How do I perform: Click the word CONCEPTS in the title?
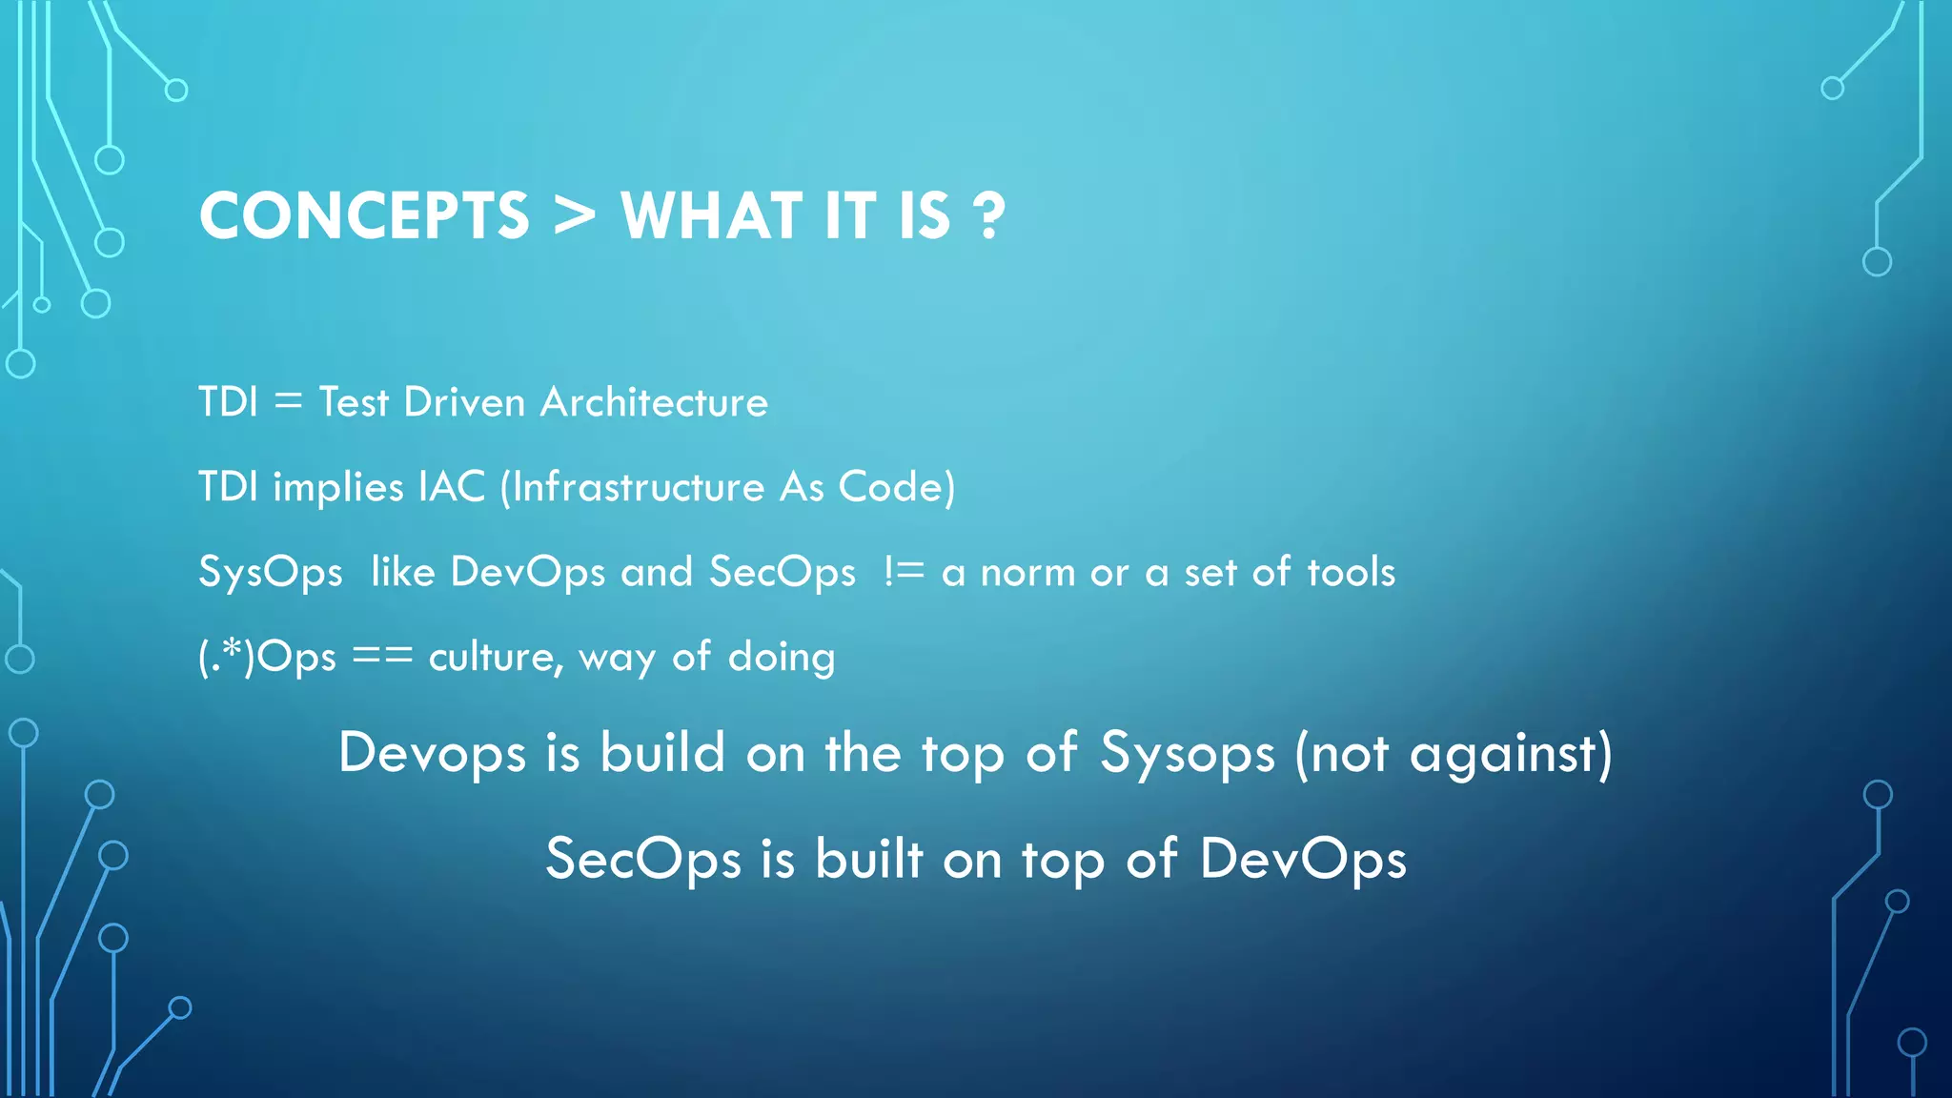364,215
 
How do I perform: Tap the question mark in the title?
990,216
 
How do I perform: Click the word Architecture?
654,402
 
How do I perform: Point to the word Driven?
464,402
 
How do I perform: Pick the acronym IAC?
452,487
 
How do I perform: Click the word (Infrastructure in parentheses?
632,487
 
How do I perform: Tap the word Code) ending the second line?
896,487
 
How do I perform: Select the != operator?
904,572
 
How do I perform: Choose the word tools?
1351,572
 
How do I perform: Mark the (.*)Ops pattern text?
267,657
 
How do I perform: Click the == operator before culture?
382,657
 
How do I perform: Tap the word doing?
782,658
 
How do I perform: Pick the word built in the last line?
869,859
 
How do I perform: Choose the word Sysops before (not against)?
1187,754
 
